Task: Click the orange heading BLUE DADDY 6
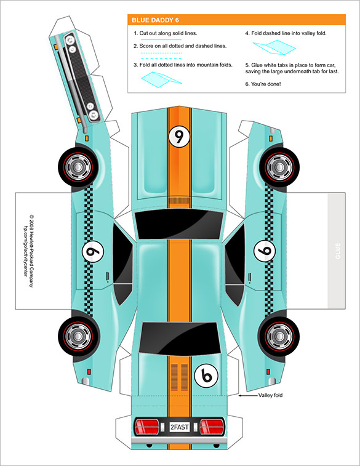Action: coord(156,20)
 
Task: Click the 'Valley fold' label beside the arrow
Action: coord(271,396)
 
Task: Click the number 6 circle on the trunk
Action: coord(206,374)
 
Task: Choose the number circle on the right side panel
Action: coord(265,251)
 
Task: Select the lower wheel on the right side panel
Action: coord(281,334)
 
